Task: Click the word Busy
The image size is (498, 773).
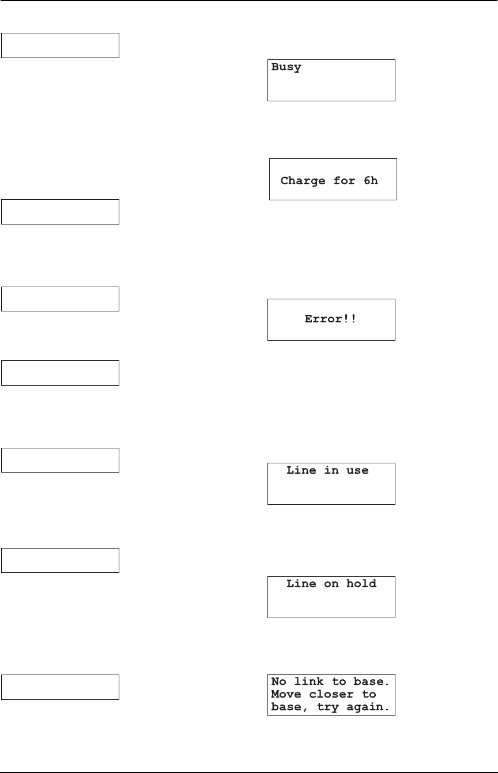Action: click(x=286, y=68)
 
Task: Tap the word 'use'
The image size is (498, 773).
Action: click(x=357, y=471)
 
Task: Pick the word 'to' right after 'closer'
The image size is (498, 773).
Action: click(x=369, y=695)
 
